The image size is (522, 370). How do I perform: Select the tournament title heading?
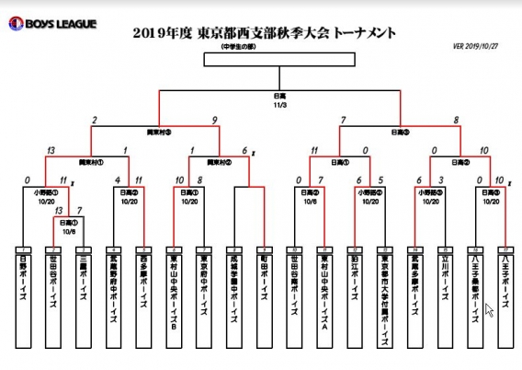pos(266,34)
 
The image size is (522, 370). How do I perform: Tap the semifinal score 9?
pos(214,119)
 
